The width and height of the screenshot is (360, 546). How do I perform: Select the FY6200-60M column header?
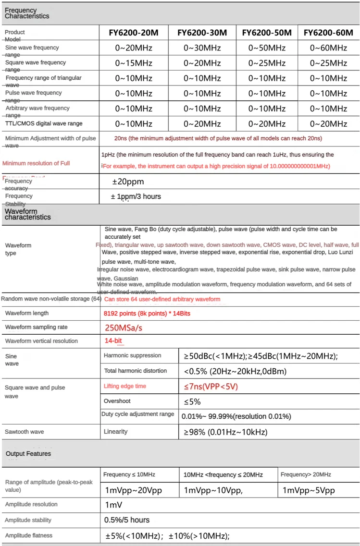click(x=328, y=33)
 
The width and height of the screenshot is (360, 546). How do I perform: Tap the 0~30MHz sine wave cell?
click(x=202, y=48)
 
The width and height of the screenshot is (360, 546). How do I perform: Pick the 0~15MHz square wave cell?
click(x=134, y=63)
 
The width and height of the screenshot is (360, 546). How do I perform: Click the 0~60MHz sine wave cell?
click(x=328, y=48)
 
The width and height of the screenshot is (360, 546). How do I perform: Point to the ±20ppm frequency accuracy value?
click(x=128, y=182)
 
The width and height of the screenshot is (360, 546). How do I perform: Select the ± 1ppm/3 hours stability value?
click(x=136, y=196)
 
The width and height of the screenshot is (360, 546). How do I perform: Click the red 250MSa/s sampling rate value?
click(x=124, y=328)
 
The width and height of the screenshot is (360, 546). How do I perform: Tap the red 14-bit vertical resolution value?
click(x=113, y=341)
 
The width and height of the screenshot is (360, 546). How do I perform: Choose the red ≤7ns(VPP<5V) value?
click(x=211, y=387)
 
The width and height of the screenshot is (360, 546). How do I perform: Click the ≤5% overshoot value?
click(x=192, y=401)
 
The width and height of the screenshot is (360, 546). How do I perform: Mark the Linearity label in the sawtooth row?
click(x=115, y=432)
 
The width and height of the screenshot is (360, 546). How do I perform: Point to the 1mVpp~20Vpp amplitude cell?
click(x=134, y=490)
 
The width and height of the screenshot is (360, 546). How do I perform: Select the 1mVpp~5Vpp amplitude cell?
click(x=309, y=490)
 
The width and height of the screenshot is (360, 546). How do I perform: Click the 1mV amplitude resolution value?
click(x=113, y=505)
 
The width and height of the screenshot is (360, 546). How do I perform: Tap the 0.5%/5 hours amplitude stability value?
click(x=127, y=520)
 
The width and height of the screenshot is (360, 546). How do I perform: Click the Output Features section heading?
click(x=28, y=454)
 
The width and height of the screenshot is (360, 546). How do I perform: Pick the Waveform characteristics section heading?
click(x=27, y=214)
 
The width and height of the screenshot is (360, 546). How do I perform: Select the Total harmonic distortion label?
click(x=136, y=371)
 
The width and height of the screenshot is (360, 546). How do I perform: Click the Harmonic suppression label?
click(x=133, y=355)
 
